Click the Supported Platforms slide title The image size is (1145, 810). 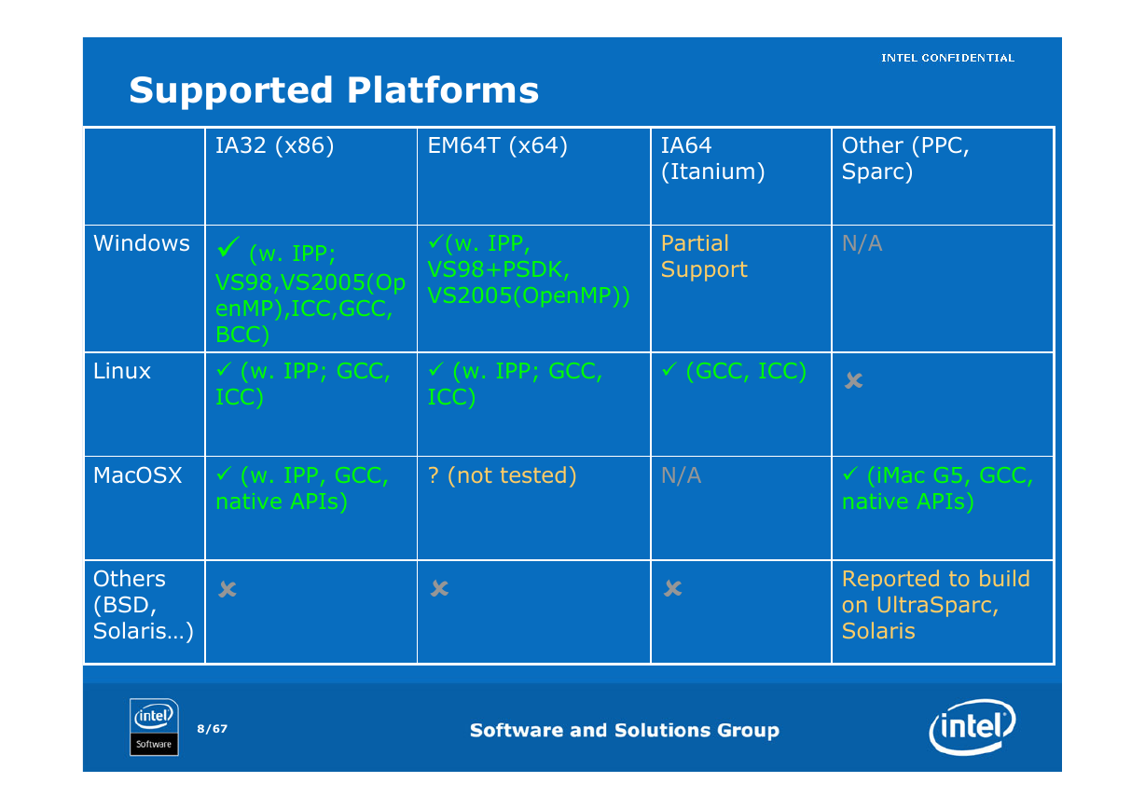pyautogui.click(x=334, y=91)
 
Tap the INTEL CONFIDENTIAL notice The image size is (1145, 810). pyautogui.click(x=947, y=58)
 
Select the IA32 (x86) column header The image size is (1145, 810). pyautogui.click(x=274, y=145)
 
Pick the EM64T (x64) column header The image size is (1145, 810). pyautogui.click(x=497, y=145)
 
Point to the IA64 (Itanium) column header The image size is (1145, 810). pyautogui.click(x=712, y=158)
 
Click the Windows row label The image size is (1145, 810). pyautogui.click(x=142, y=243)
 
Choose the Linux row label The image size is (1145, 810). pyautogui.click(x=121, y=371)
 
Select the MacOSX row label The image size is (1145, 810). pyautogui.click(x=137, y=475)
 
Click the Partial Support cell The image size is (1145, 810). pyautogui.click(x=704, y=256)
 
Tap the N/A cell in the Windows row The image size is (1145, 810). pyautogui.click(x=862, y=243)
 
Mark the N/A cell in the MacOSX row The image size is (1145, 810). pyautogui.click(x=681, y=475)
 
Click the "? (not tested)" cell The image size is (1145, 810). pyautogui.click(x=502, y=475)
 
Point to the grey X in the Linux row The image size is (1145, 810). pyautogui.click(x=854, y=380)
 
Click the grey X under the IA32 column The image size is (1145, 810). pyautogui.click(x=228, y=589)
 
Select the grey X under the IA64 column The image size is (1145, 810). pyautogui.click(x=672, y=588)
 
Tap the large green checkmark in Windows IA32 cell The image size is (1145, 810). pyautogui.click(x=228, y=246)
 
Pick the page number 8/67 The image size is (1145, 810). pyautogui.click(x=213, y=729)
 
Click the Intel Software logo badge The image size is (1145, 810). pyautogui.click(x=154, y=727)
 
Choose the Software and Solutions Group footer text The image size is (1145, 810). pyautogui.click(x=625, y=730)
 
